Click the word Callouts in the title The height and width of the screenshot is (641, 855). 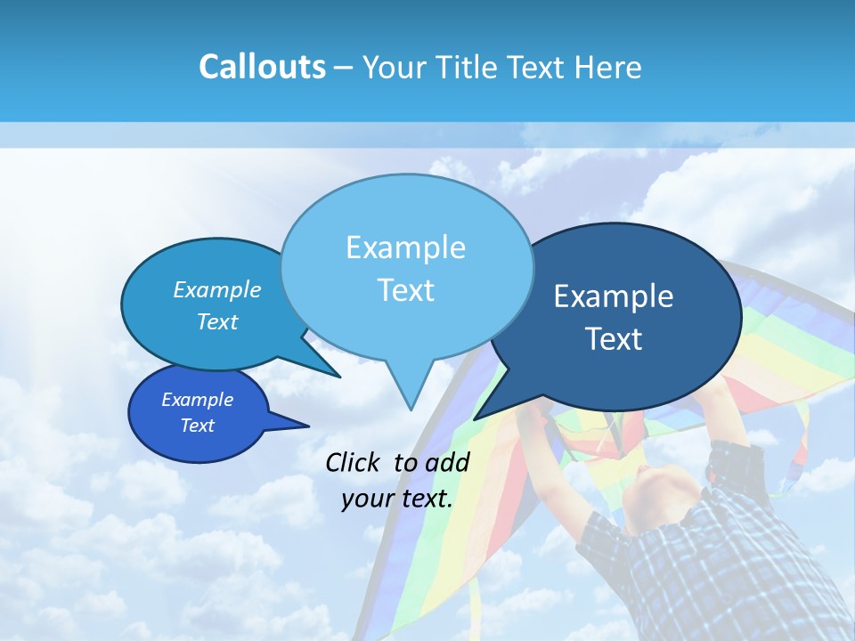coord(262,68)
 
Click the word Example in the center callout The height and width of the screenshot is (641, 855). coord(405,247)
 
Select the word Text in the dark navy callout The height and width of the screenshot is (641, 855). coord(614,339)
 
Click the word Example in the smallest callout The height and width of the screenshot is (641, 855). coord(197,400)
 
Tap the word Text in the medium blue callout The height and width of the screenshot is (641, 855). coord(217,322)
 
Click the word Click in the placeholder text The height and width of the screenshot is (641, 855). coord(354,462)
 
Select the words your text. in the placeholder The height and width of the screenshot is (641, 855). coord(396,499)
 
